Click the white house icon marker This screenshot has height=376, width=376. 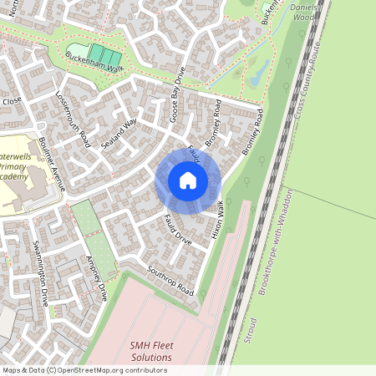click(x=188, y=180)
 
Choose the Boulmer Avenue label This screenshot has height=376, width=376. click(x=51, y=165)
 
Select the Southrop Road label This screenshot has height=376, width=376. click(x=170, y=282)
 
